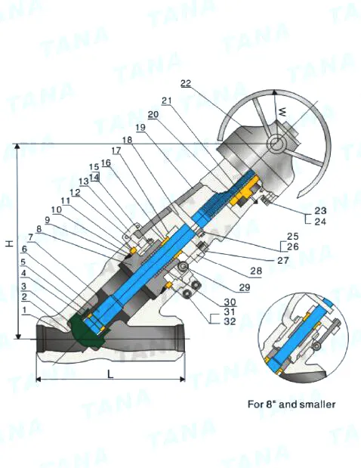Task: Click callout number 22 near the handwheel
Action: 187,83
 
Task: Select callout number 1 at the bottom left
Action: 25,311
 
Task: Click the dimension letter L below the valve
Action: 110,373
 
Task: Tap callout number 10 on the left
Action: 56,209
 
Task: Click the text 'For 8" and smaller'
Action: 292,404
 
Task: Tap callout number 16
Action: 105,163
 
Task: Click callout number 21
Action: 165,101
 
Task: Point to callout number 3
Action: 25,287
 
